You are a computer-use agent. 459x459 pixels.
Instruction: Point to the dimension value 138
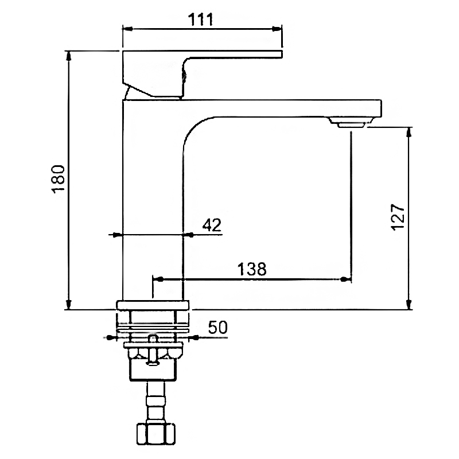tap(252, 269)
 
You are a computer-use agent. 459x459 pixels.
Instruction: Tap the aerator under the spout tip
tap(351, 124)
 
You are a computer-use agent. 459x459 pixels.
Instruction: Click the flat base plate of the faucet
tap(153, 305)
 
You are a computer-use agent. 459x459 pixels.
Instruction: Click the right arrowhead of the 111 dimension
tap(279, 28)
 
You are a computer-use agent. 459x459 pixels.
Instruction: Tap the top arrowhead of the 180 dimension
tap(69, 55)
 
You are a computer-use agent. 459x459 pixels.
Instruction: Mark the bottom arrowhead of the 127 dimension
tap(410, 305)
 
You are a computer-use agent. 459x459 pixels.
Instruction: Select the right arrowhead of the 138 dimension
tap(346, 279)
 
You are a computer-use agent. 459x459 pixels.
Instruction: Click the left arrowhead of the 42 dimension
tap(117, 235)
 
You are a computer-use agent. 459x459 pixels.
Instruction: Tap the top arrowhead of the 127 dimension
tap(410, 131)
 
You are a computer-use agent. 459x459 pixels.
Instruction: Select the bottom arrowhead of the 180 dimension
tap(69, 305)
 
